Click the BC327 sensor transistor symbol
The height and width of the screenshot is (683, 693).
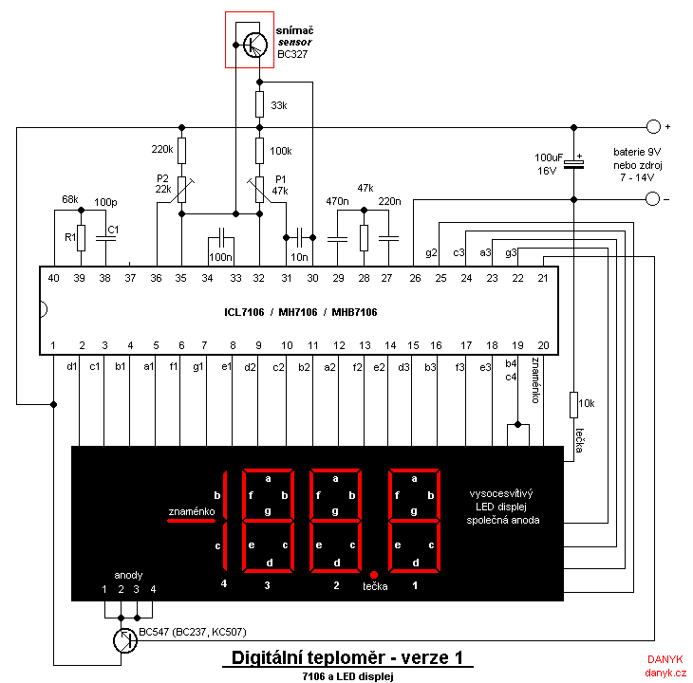(255, 45)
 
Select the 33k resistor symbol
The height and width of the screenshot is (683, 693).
(259, 104)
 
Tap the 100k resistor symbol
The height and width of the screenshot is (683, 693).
(259, 151)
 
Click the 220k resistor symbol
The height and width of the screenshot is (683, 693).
(181, 151)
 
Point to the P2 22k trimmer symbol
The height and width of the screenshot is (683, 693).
(181, 190)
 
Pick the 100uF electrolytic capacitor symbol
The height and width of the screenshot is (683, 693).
(573, 164)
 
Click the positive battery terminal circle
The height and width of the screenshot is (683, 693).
(653, 127)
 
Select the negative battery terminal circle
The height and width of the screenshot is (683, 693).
(653, 198)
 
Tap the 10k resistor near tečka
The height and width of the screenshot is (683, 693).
(573, 404)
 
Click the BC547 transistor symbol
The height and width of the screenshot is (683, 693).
(125, 640)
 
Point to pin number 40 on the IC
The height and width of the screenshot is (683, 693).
(53, 278)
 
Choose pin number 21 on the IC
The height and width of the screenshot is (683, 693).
(543, 278)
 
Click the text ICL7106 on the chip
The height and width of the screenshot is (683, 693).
(244, 313)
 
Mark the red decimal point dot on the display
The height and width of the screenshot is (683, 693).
(374, 575)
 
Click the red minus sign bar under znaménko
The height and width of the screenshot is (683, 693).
(191, 521)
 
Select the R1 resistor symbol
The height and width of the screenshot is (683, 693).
(81, 238)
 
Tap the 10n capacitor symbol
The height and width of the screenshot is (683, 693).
(299, 237)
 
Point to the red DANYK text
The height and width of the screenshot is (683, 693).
(665, 659)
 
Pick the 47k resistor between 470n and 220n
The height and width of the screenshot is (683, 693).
(364, 238)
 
